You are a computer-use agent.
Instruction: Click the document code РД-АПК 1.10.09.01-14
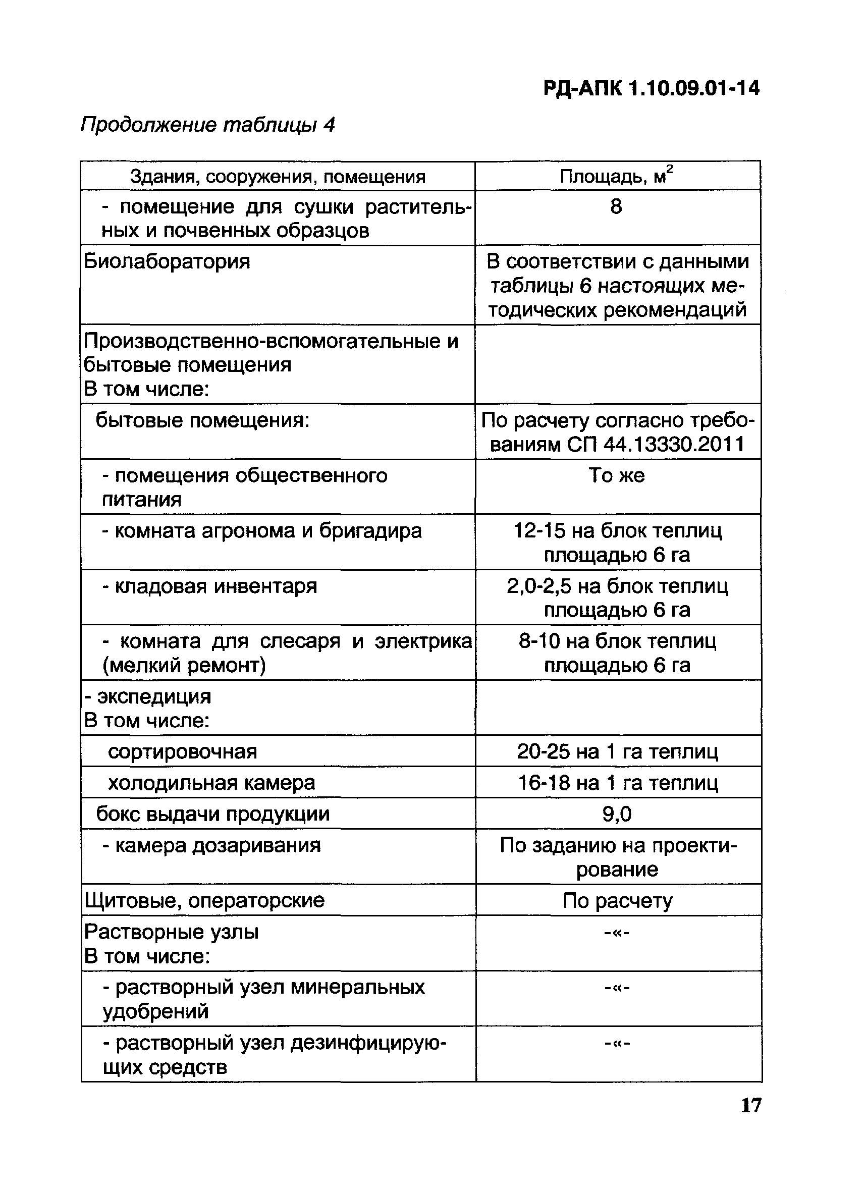click(x=651, y=88)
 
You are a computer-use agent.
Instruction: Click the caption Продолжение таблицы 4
click(x=208, y=125)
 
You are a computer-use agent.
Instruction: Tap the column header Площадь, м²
click(x=616, y=176)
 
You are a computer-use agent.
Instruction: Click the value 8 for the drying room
click(x=616, y=206)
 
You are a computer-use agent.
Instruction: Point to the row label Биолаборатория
click(x=167, y=261)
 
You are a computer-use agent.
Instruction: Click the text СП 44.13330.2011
click(x=656, y=445)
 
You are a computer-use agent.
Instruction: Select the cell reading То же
click(x=616, y=475)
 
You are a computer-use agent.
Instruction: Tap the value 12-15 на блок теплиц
click(x=618, y=531)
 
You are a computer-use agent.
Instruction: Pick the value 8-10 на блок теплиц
click(x=618, y=641)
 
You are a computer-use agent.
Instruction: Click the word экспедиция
click(x=154, y=696)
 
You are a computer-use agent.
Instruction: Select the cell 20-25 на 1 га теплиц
click(x=618, y=751)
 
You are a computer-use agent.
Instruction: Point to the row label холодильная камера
click(x=211, y=783)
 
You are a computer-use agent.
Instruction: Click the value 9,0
click(x=617, y=814)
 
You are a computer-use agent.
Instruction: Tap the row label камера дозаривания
click(x=218, y=845)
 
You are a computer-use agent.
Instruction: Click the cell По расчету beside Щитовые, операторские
click(x=618, y=901)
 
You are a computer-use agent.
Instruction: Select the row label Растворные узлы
click(x=171, y=932)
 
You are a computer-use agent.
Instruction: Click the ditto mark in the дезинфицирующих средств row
click(x=618, y=1043)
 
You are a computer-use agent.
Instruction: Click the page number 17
click(x=750, y=1105)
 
